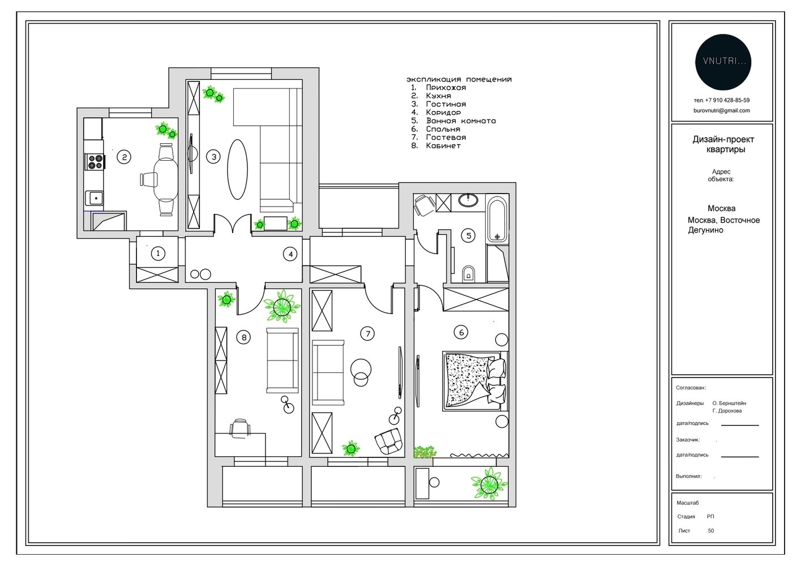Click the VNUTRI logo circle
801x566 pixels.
pos(723,62)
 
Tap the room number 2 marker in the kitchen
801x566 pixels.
pos(124,157)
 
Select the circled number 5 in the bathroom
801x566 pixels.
pos(469,235)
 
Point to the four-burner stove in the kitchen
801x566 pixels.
pos(95,162)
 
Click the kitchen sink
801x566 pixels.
pos(95,198)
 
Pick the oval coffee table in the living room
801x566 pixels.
pos(237,169)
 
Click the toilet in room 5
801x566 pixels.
pos(469,273)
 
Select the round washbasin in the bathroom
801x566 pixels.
pos(468,200)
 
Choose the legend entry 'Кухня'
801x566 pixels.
pos(438,96)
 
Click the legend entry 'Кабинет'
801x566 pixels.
pos(443,145)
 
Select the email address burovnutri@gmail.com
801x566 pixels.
pos(722,110)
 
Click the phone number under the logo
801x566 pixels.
pos(722,100)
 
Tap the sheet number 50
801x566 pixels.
pos(711,530)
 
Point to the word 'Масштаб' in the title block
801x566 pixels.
pos(687,503)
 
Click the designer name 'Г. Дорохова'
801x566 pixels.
pos(727,411)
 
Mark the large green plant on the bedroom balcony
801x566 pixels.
pos(489,484)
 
